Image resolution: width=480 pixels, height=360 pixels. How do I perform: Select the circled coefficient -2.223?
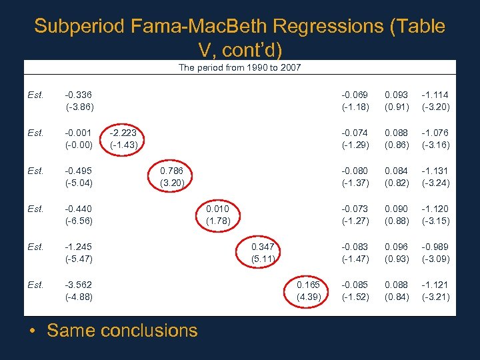tap(123, 133)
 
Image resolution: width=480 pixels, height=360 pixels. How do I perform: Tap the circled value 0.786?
tap(172, 171)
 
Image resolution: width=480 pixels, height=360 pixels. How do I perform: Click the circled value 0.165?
tap(309, 285)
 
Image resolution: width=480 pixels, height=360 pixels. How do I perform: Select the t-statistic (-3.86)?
tap(79, 107)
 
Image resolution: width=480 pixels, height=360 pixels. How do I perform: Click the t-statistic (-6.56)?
tap(79, 221)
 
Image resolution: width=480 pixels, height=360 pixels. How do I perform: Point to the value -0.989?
tap(436, 247)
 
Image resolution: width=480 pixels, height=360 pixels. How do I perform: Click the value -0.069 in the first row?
tap(355, 95)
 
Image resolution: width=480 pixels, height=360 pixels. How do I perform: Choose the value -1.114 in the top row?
tap(436, 95)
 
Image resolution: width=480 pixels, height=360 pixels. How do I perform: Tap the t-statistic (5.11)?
tap(263, 259)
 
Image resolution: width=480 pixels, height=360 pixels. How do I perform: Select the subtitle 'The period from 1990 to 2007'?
tap(240, 67)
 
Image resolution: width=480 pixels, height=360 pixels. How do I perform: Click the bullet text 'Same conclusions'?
tap(122, 330)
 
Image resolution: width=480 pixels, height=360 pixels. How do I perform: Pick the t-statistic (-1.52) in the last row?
tap(355, 297)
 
